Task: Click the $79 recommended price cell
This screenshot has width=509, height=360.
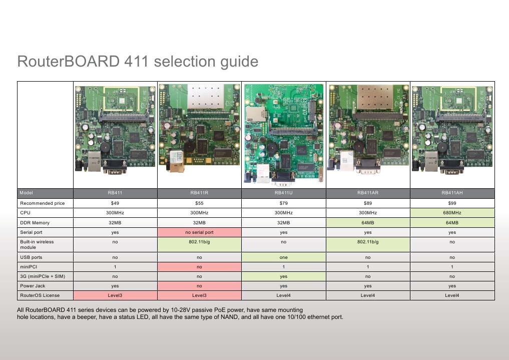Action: pyautogui.click(x=283, y=203)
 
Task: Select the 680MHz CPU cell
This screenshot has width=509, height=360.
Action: pyautogui.click(x=452, y=213)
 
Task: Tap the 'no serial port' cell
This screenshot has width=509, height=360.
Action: pyautogui.click(x=199, y=232)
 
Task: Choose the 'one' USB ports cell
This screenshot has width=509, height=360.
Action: pyautogui.click(x=283, y=257)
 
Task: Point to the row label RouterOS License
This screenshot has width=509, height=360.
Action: pyautogui.click(x=40, y=295)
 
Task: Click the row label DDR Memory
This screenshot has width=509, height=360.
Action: pyautogui.click(x=35, y=223)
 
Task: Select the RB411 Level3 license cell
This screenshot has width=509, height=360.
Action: pyautogui.click(x=115, y=295)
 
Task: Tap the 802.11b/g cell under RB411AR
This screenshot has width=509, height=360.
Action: pyautogui.click(x=368, y=242)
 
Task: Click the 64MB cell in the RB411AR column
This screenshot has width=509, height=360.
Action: pyautogui.click(x=368, y=223)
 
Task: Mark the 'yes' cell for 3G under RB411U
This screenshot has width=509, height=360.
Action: pyautogui.click(x=283, y=276)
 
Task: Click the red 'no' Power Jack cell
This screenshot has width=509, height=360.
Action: pyautogui.click(x=199, y=286)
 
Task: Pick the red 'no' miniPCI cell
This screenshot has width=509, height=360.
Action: pyautogui.click(x=199, y=266)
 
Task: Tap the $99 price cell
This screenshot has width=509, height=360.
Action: pyautogui.click(x=452, y=203)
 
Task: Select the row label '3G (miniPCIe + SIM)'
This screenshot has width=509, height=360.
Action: pyautogui.click(x=43, y=276)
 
